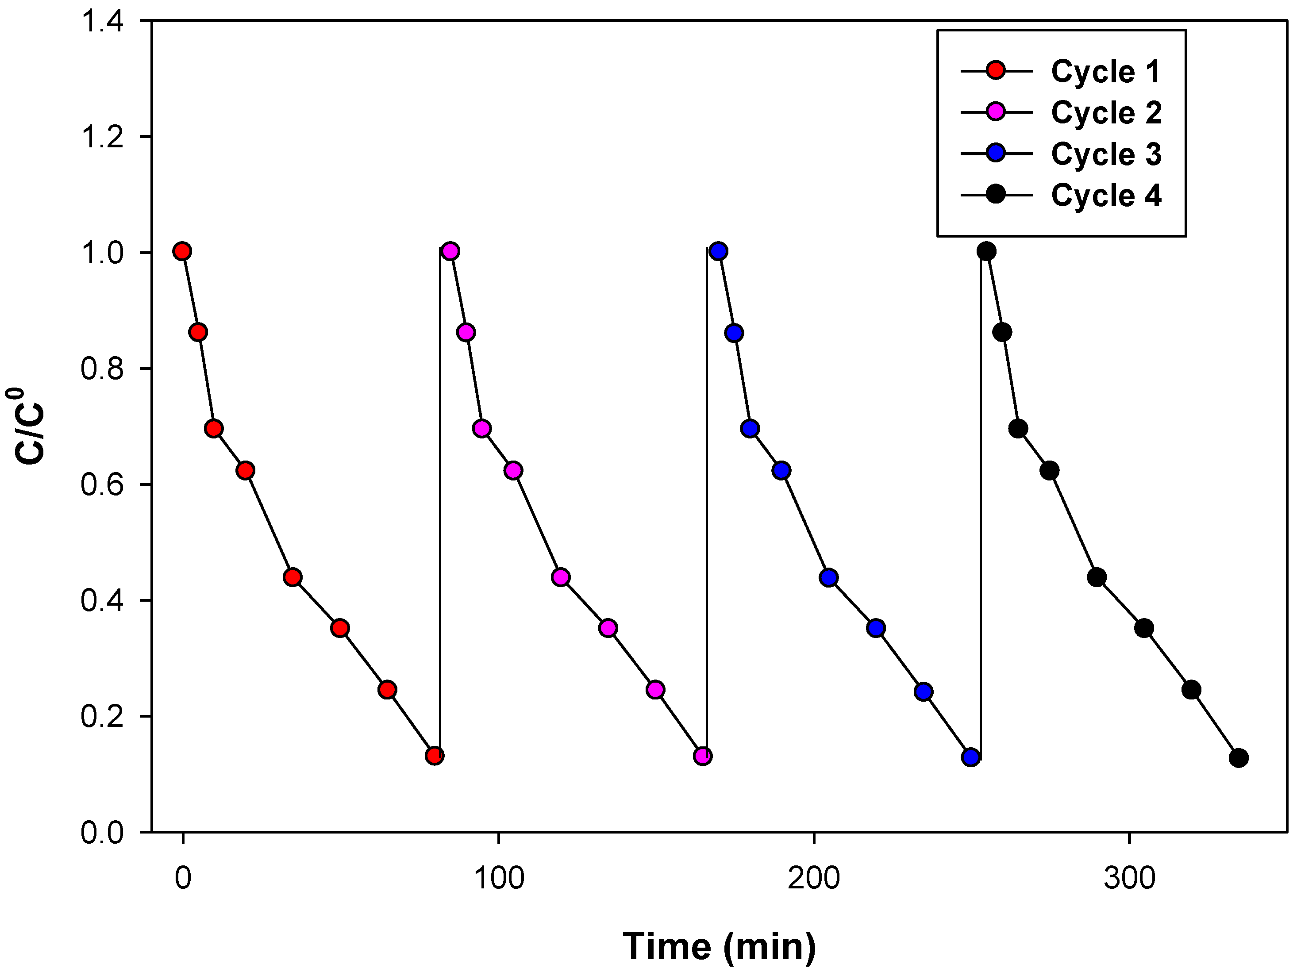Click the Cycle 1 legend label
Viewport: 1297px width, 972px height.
1105,72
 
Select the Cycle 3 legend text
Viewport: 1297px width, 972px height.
1105,154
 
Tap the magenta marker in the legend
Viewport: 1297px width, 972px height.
996,112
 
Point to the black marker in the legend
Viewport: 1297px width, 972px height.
996,194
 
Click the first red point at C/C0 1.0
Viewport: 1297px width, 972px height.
182,251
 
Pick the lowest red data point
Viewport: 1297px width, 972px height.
435,756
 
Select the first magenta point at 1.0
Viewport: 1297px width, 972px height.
450,251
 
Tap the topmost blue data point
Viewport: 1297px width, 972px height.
718,251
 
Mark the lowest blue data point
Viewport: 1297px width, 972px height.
971,757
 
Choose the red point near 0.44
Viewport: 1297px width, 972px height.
292,577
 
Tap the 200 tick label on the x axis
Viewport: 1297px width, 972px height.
814,878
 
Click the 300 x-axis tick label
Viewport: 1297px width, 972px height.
1129,878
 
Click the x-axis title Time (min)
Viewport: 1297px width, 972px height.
719,945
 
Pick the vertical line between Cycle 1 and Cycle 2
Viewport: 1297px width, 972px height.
440,498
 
